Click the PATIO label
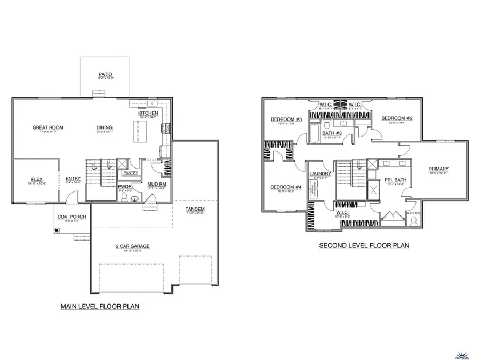click(x=105, y=74)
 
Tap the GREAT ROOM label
click(x=48, y=127)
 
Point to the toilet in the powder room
click(x=124, y=197)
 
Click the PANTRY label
click(x=131, y=173)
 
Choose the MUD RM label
click(x=156, y=184)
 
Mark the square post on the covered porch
click(x=55, y=231)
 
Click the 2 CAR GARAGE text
click(x=133, y=246)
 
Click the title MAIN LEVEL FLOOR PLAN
click(x=101, y=307)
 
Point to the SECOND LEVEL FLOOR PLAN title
click(x=364, y=246)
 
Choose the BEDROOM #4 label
click(x=286, y=187)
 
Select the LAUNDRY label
click(x=321, y=174)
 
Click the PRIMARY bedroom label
click(x=438, y=169)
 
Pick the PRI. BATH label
click(x=395, y=180)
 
